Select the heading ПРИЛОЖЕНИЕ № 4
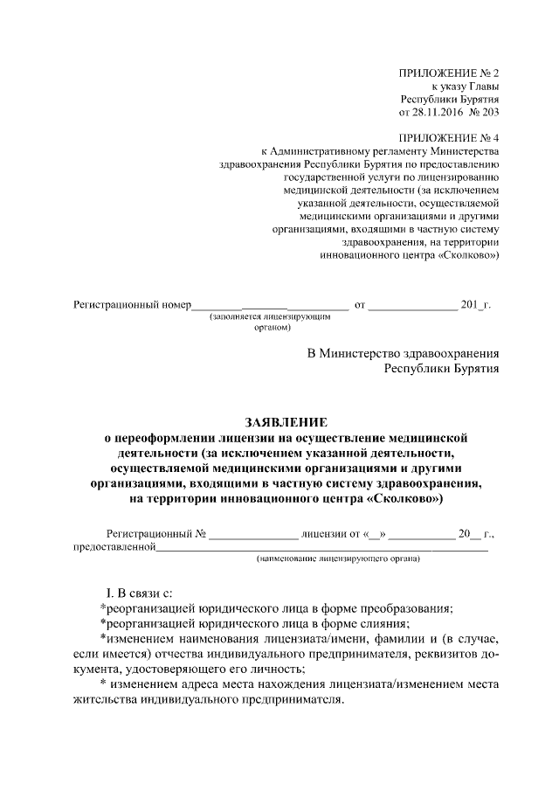449,138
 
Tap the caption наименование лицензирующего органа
337,559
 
